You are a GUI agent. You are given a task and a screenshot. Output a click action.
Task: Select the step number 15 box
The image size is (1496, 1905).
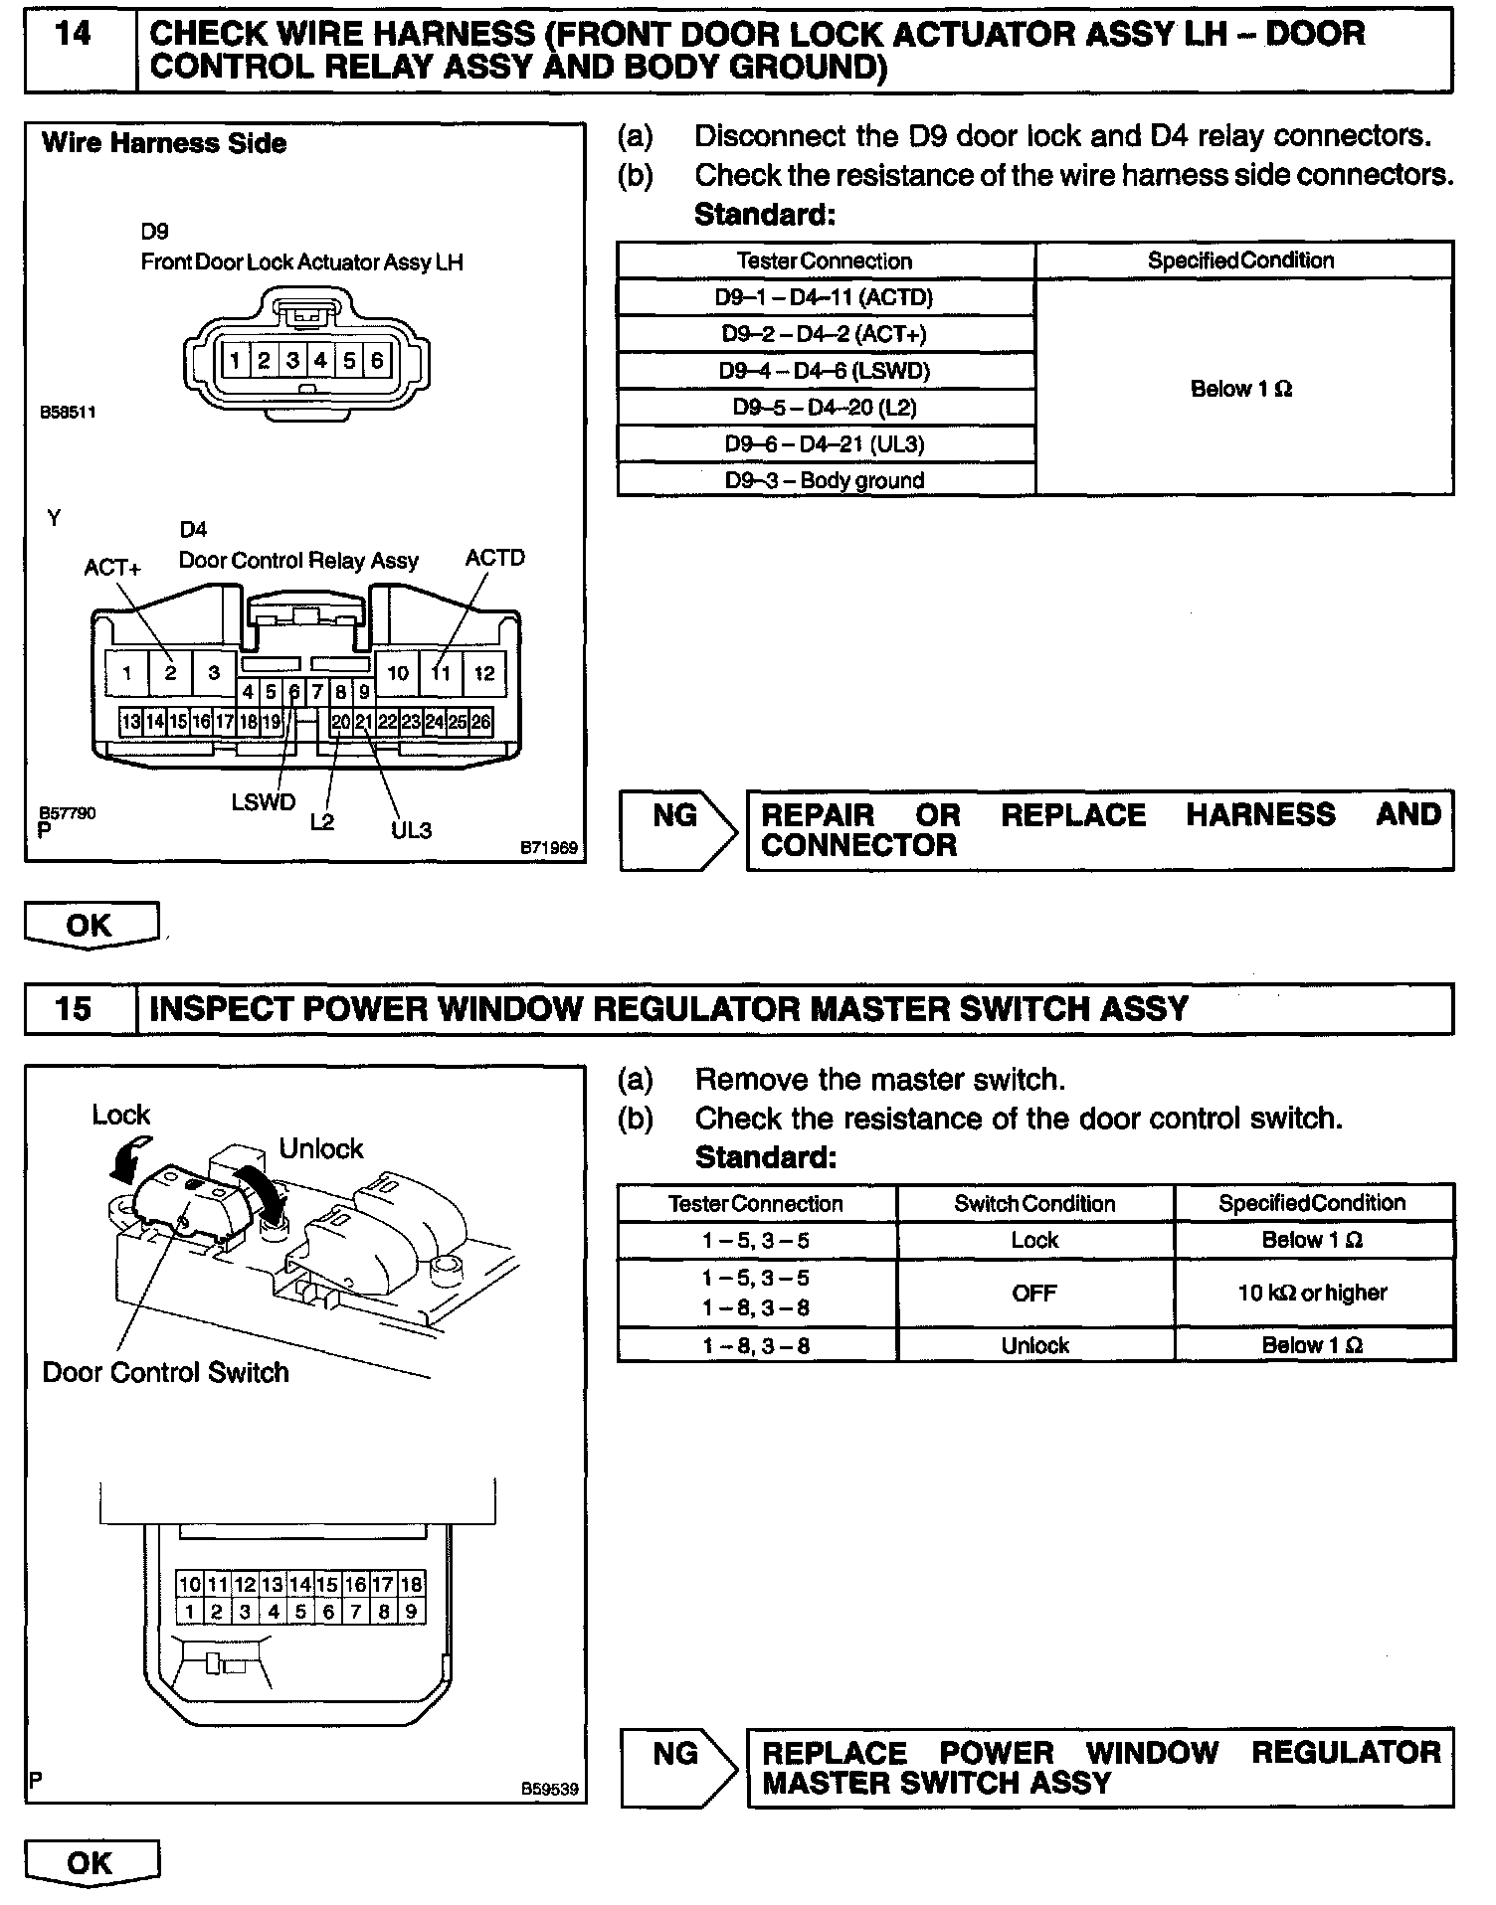(76, 1008)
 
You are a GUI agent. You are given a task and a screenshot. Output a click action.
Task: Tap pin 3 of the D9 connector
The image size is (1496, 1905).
(292, 360)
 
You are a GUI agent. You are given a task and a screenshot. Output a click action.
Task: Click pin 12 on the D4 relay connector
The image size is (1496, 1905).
(483, 673)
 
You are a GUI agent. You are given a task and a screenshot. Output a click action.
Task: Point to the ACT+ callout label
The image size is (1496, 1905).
(112, 568)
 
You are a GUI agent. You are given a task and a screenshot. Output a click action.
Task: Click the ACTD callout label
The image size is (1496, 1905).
(494, 558)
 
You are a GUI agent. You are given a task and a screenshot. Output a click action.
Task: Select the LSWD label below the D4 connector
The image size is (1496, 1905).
(264, 801)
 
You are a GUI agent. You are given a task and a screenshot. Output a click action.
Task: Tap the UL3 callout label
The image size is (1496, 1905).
(411, 829)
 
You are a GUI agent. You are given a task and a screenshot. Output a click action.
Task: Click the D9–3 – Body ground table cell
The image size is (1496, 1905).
(825, 480)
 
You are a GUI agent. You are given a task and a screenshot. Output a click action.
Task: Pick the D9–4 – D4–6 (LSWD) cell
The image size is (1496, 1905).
(825, 371)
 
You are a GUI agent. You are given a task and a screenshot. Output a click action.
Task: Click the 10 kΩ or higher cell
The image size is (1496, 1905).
(1312, 1293)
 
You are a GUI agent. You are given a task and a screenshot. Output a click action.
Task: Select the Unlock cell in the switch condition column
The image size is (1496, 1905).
(1034, 1345)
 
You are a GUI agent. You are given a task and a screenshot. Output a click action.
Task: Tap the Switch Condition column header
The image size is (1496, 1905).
(1034, 1203)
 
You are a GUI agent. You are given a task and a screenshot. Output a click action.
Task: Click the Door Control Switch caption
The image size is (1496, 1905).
(165, 1372)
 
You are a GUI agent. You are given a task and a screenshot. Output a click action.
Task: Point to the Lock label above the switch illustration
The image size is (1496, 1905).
(120, 1115)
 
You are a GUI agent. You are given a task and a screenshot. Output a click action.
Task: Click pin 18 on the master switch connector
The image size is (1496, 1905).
(411, 1584)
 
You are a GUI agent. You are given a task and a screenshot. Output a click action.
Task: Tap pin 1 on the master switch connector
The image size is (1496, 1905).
(189, 1612)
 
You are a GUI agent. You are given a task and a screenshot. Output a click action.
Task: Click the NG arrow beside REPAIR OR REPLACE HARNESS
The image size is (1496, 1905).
(676, 829)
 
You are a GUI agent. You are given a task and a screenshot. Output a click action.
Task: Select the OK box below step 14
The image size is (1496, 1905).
(90, 925)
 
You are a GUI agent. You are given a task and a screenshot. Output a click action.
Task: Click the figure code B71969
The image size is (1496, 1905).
(548, 848)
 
